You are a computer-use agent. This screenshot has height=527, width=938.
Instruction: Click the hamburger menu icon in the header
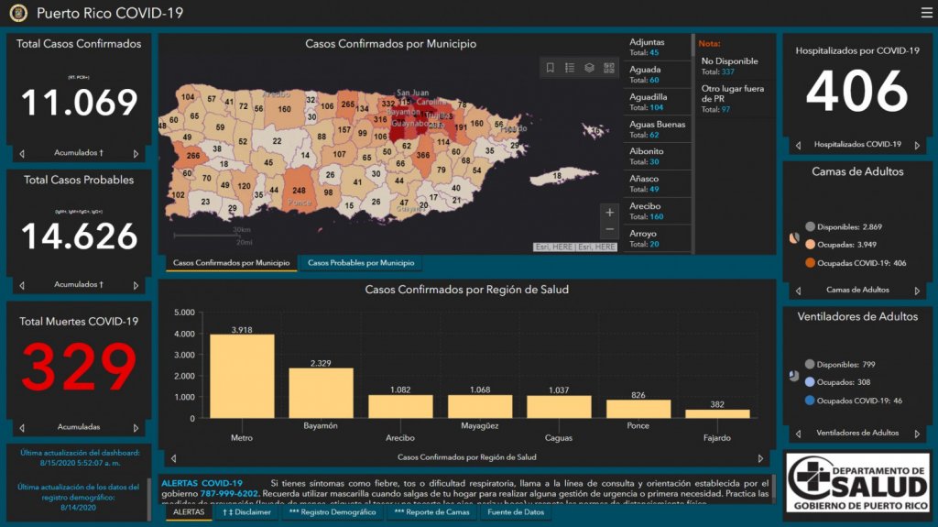(926, 13)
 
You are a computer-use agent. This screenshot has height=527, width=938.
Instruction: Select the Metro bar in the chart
(242, 376)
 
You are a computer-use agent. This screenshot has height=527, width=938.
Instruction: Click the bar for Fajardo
(717, 413)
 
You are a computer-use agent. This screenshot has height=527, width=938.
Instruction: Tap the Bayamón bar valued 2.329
(321, 393)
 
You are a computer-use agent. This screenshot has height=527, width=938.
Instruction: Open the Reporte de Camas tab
(433, 512)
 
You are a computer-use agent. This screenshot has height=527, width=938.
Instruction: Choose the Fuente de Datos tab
(516, 512)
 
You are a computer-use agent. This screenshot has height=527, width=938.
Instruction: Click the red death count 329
(79, 367)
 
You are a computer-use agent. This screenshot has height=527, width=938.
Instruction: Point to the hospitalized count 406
(856, 92)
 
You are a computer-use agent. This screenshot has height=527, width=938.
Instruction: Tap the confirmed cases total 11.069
(79, 103)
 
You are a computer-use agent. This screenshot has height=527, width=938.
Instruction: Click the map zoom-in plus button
(610, 213)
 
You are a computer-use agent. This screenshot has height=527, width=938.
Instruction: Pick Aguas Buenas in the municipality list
(657, 129)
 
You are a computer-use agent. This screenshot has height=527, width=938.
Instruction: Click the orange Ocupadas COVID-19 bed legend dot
(810, 263)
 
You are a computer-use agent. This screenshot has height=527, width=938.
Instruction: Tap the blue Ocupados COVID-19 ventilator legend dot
(810, 401)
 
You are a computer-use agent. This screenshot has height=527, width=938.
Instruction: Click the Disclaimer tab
(247, 512)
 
